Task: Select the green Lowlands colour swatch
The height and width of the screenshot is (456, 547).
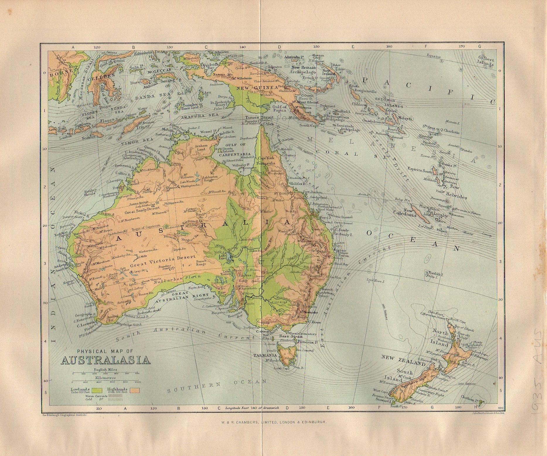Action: [97, 390]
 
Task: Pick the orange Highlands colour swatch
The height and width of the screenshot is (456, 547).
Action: [135, 390]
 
